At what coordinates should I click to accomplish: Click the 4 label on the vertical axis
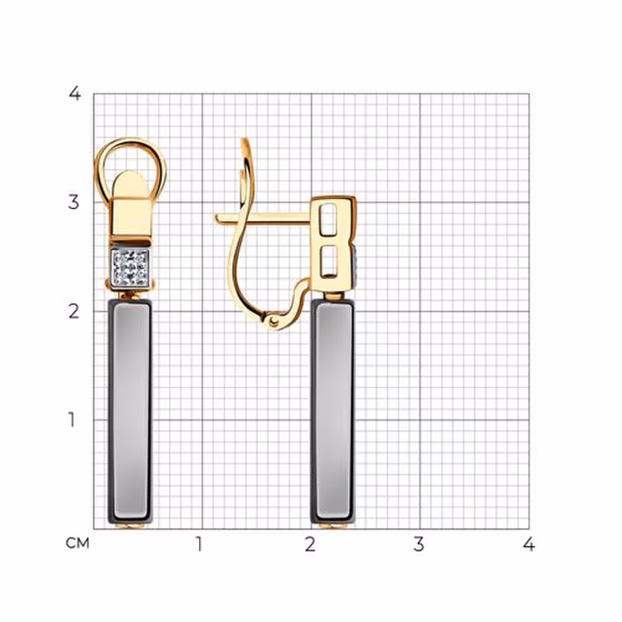(x=75, y=94)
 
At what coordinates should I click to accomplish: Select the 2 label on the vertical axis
(x=74, y=312)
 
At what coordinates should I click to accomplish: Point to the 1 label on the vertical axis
(x=72, y=420)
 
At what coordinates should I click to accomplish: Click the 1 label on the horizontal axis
(x=199, y=544)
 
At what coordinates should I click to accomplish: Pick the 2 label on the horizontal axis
(x=310, y=544)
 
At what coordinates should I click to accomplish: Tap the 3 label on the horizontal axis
(x=419, y=544)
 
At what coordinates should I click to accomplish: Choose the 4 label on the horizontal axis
(x=528, y=544)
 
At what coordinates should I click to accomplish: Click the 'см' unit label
(x=78, y=543)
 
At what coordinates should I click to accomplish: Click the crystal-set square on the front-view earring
(x=130, y=267)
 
